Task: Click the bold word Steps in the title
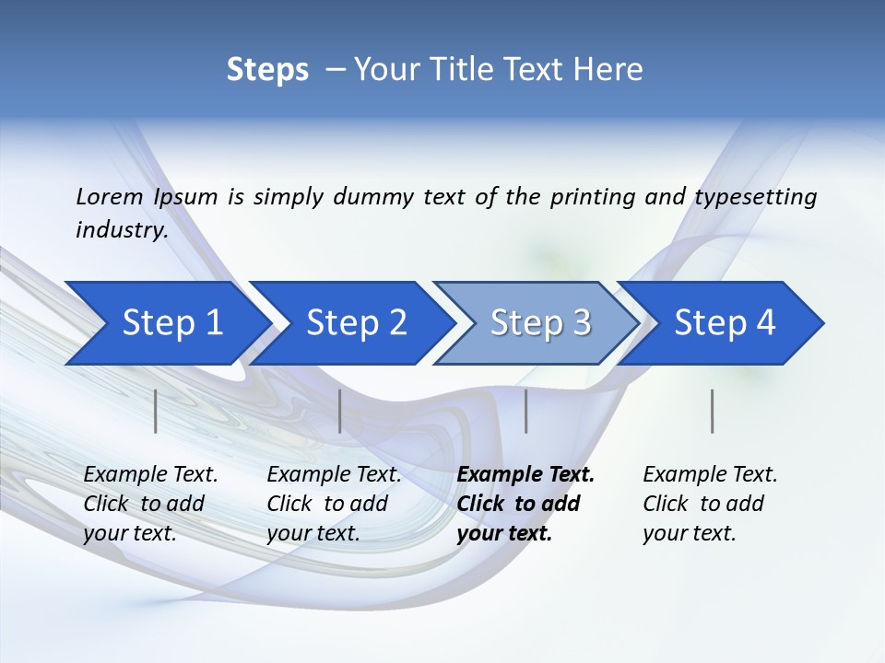click(267, 70)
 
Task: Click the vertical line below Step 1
click(156, 411)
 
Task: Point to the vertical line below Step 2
click(340, 411)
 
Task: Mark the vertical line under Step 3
click(526, 411)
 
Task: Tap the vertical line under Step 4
click(713, 411)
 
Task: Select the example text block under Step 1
click(150, 504)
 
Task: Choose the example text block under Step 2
click(334, 504)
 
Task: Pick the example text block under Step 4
click(709, 504)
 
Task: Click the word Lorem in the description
click(110, 197)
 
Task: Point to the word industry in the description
click(121, 230)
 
